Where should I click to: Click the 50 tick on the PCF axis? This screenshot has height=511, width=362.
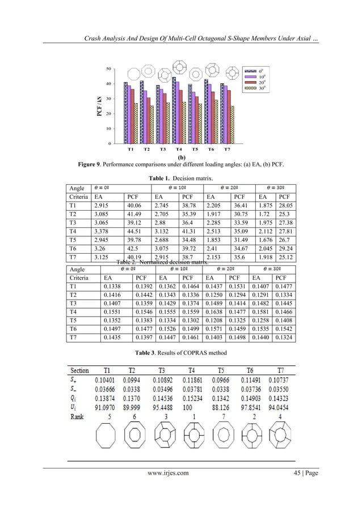click(x=108, y=69)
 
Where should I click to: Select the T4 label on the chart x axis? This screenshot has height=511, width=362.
click(x=179, y=150)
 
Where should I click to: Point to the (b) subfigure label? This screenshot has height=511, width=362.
click(x=182, y=158)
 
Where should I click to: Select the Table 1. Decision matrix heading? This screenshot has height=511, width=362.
click(x=181, y=178)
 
